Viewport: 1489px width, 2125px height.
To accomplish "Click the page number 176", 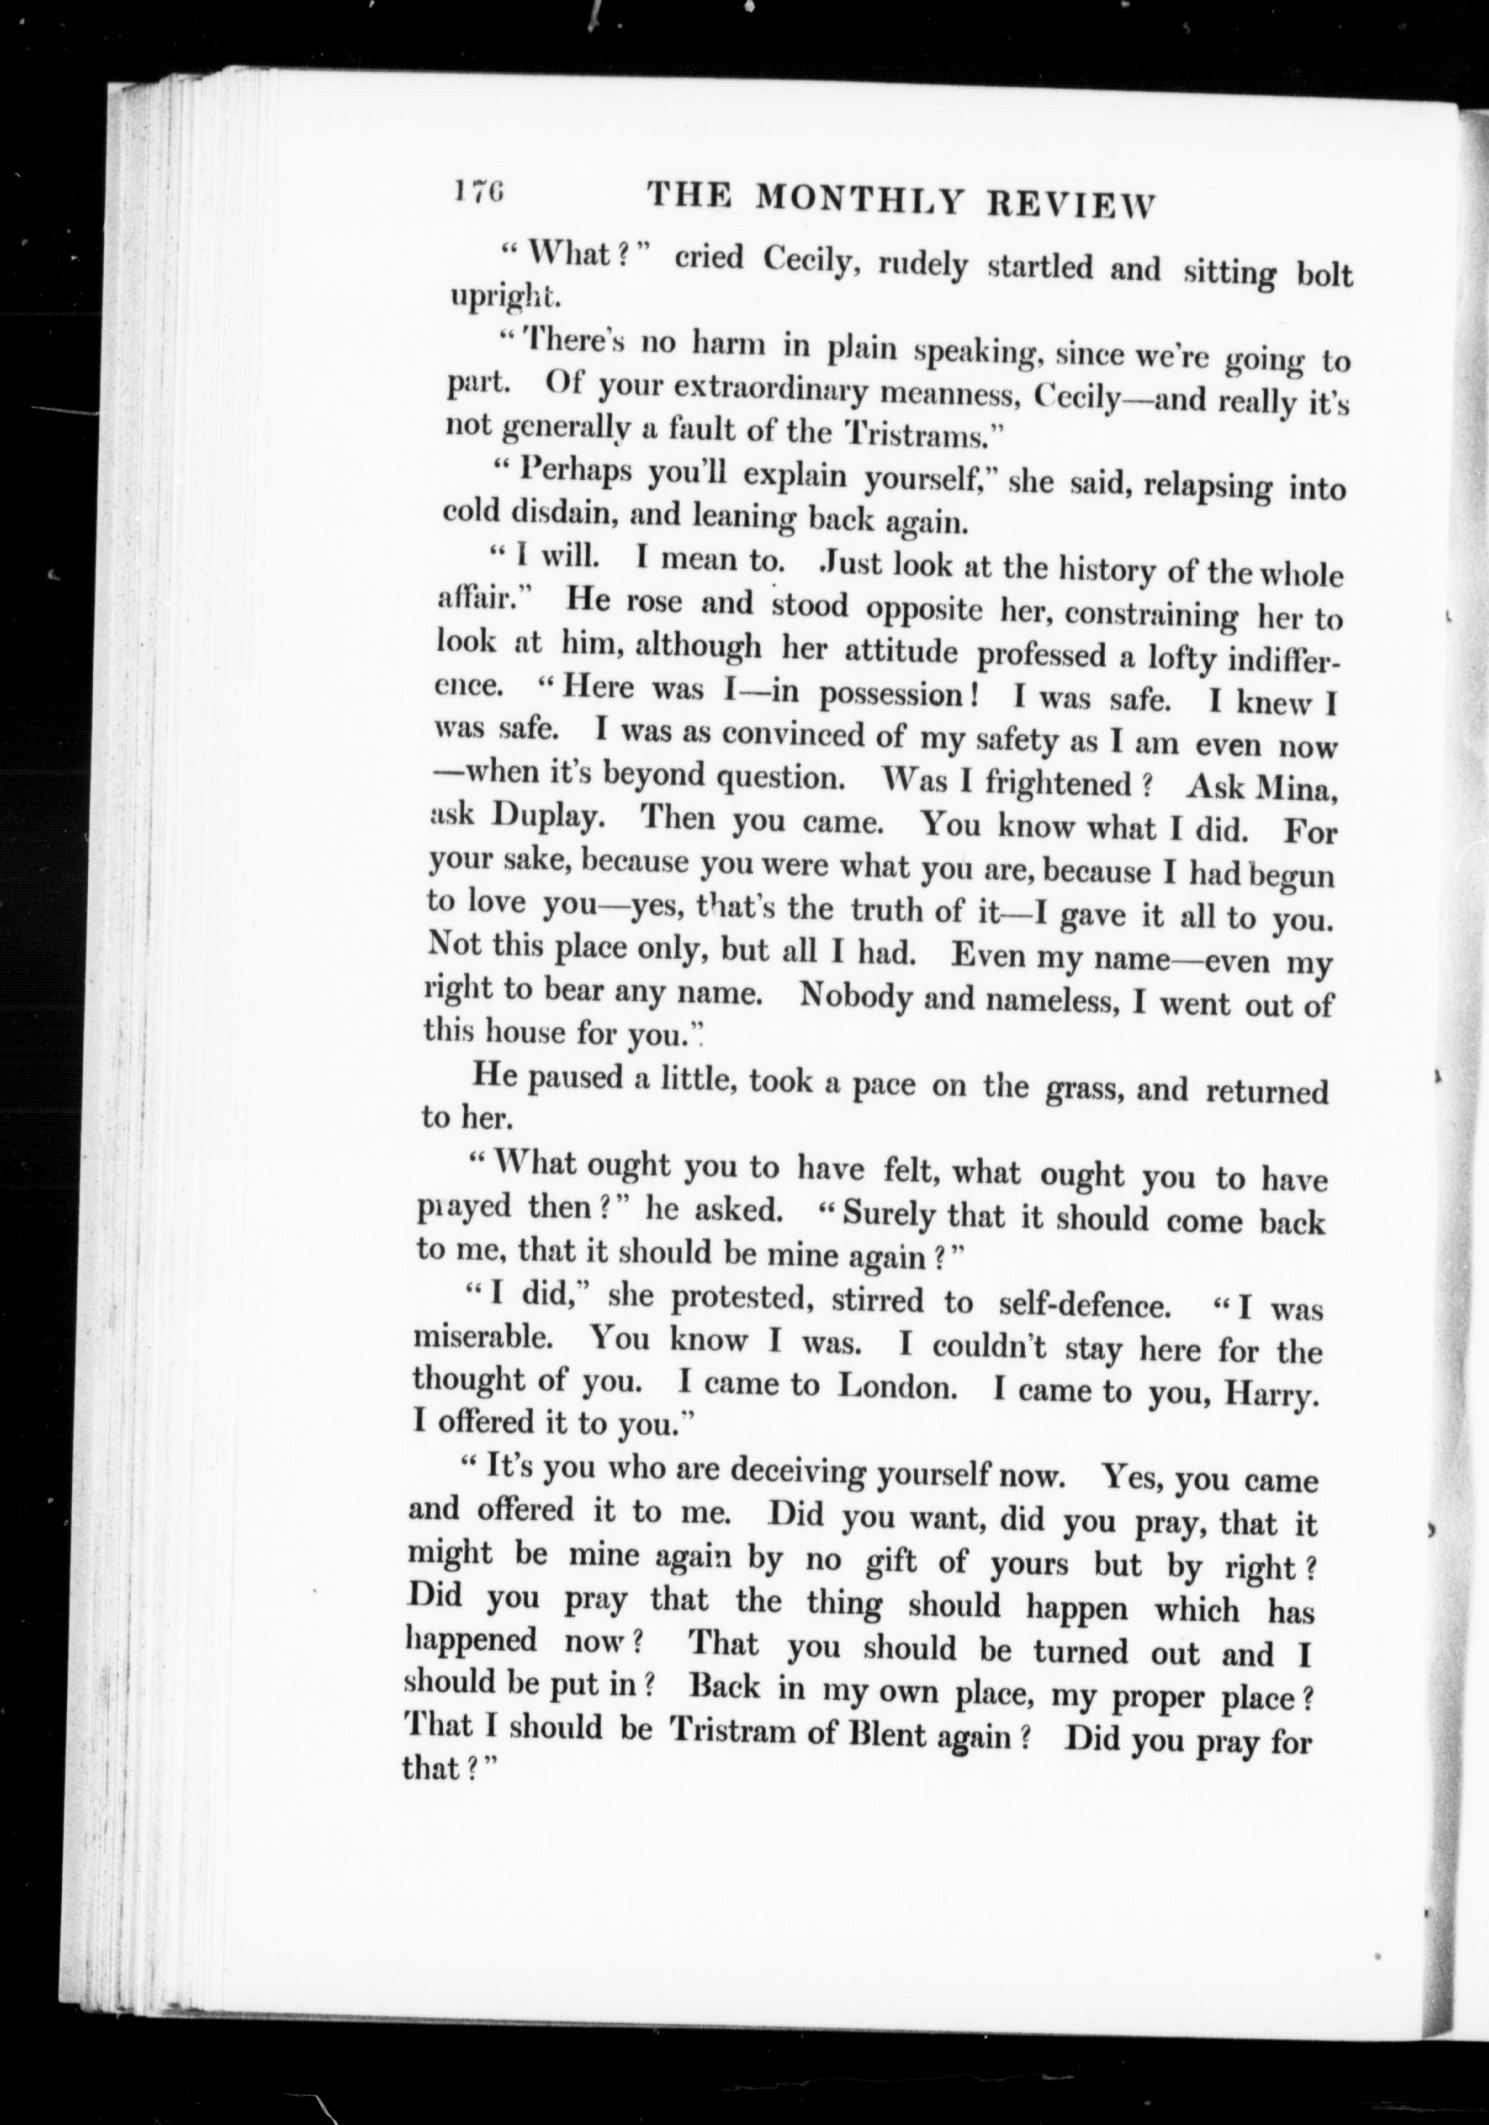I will pos(479,193).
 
